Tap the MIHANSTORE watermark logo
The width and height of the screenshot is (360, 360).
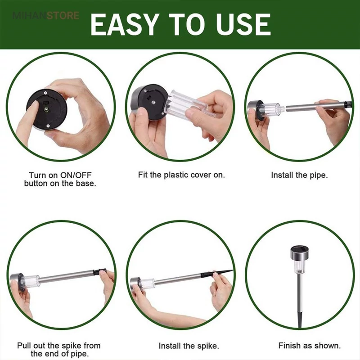pos(46,16)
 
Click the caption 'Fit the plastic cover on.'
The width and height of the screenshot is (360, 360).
pos(181,175)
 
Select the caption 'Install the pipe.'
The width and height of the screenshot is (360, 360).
pos(299,175)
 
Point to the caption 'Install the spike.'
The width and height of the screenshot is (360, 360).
pos(189,346)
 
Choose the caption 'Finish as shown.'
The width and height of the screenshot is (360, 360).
pos(310,345)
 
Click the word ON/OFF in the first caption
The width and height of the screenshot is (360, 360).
pos(76,175)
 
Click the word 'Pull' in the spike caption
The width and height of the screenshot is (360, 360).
pos(24,346)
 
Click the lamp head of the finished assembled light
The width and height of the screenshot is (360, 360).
pos(299,253)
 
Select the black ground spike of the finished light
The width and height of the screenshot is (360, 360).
pos(299,319)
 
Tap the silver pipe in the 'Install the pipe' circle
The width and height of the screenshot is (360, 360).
pos(317,107)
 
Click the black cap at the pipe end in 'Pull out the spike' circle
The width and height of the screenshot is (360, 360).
pos(99,271)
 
